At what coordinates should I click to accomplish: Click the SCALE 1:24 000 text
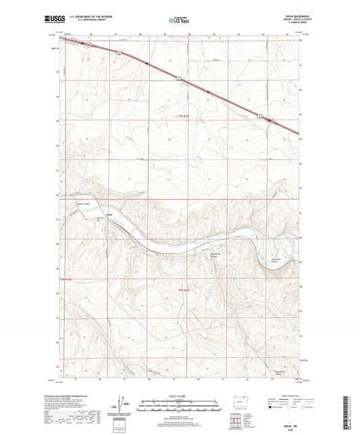179,395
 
